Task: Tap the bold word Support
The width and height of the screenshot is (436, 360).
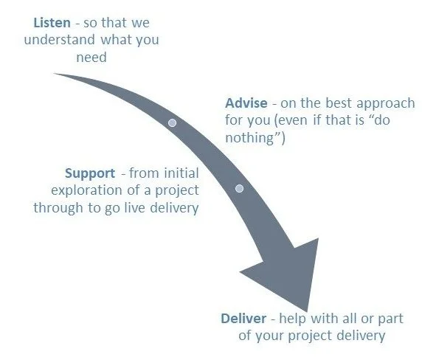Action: [89, 173]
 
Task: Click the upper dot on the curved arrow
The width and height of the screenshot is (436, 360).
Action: [172, 122]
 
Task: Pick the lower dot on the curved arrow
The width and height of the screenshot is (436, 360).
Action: [239, 188]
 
